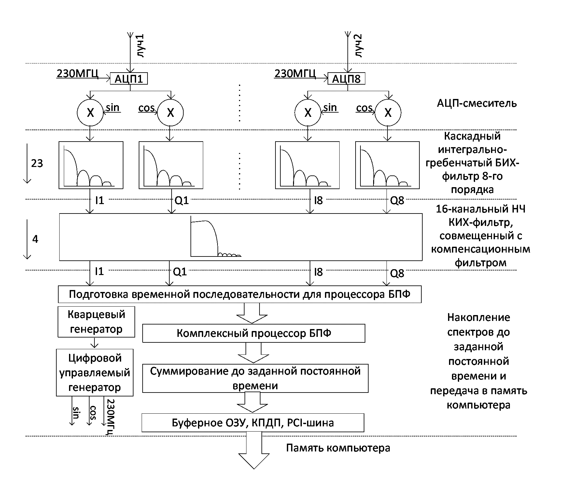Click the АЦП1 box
click(x=129, y=79)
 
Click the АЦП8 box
click(x=346, y=79)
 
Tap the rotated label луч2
click(x=358, y=46)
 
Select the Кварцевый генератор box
click(x=96, y=322)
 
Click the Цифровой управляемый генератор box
click(x=95, y=372)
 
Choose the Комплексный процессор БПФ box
click(x=254, y=333)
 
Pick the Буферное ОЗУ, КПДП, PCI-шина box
click(x=253, y=423)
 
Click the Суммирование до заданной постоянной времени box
click(x=255, y=378)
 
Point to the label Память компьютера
click(x=338, y=448)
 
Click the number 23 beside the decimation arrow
click(x=37, y=163)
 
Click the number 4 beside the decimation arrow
click(x=35, y=239)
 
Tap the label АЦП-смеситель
click(x=477, y=103)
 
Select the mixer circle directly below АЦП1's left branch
click(x=90, y=113)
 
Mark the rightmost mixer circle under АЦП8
click(x=388, y=113)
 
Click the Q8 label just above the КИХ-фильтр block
click(x=397, y=201)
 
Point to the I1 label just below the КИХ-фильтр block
click(x=99, y=271)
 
